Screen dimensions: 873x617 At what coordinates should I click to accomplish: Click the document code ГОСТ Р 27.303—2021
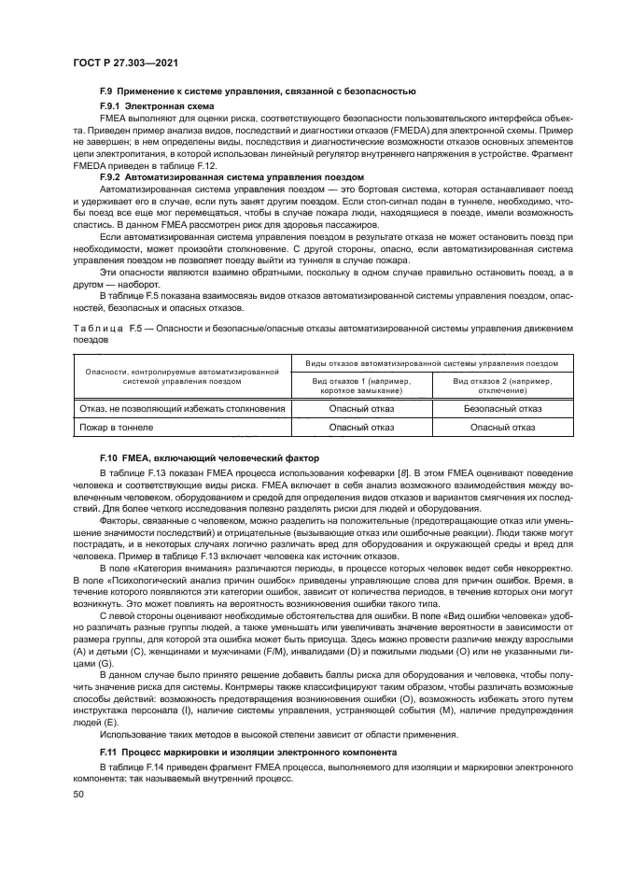coord(126,63)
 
